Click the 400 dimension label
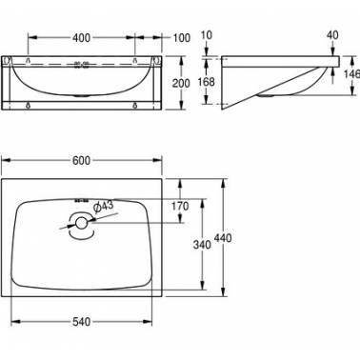coord(81,38)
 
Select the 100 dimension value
coord(181,38)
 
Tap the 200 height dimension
coord(181,83)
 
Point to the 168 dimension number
coord(207,82)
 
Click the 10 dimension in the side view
coord(207,35)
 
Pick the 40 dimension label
coord(332,35)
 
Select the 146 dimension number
coord(352,74)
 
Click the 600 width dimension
coord(81,161)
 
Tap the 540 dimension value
coord(81,322)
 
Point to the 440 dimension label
coord(223,237)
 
